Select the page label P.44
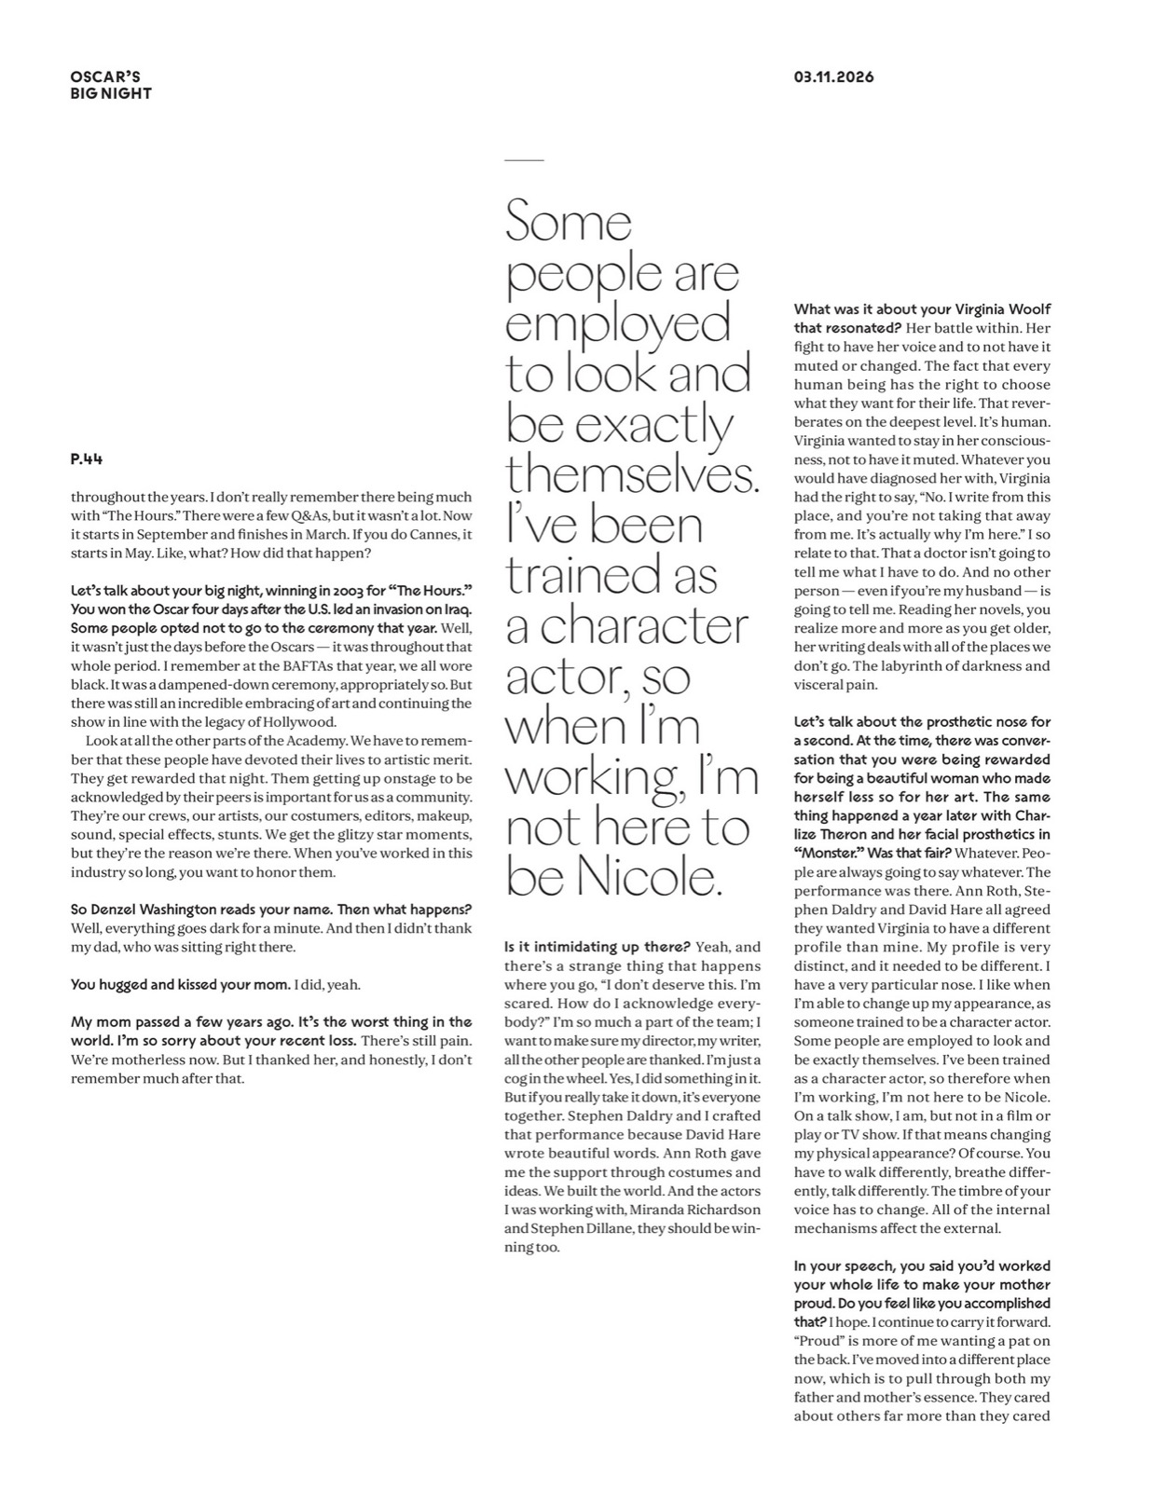click(87, 459)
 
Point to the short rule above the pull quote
click(523, 160)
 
